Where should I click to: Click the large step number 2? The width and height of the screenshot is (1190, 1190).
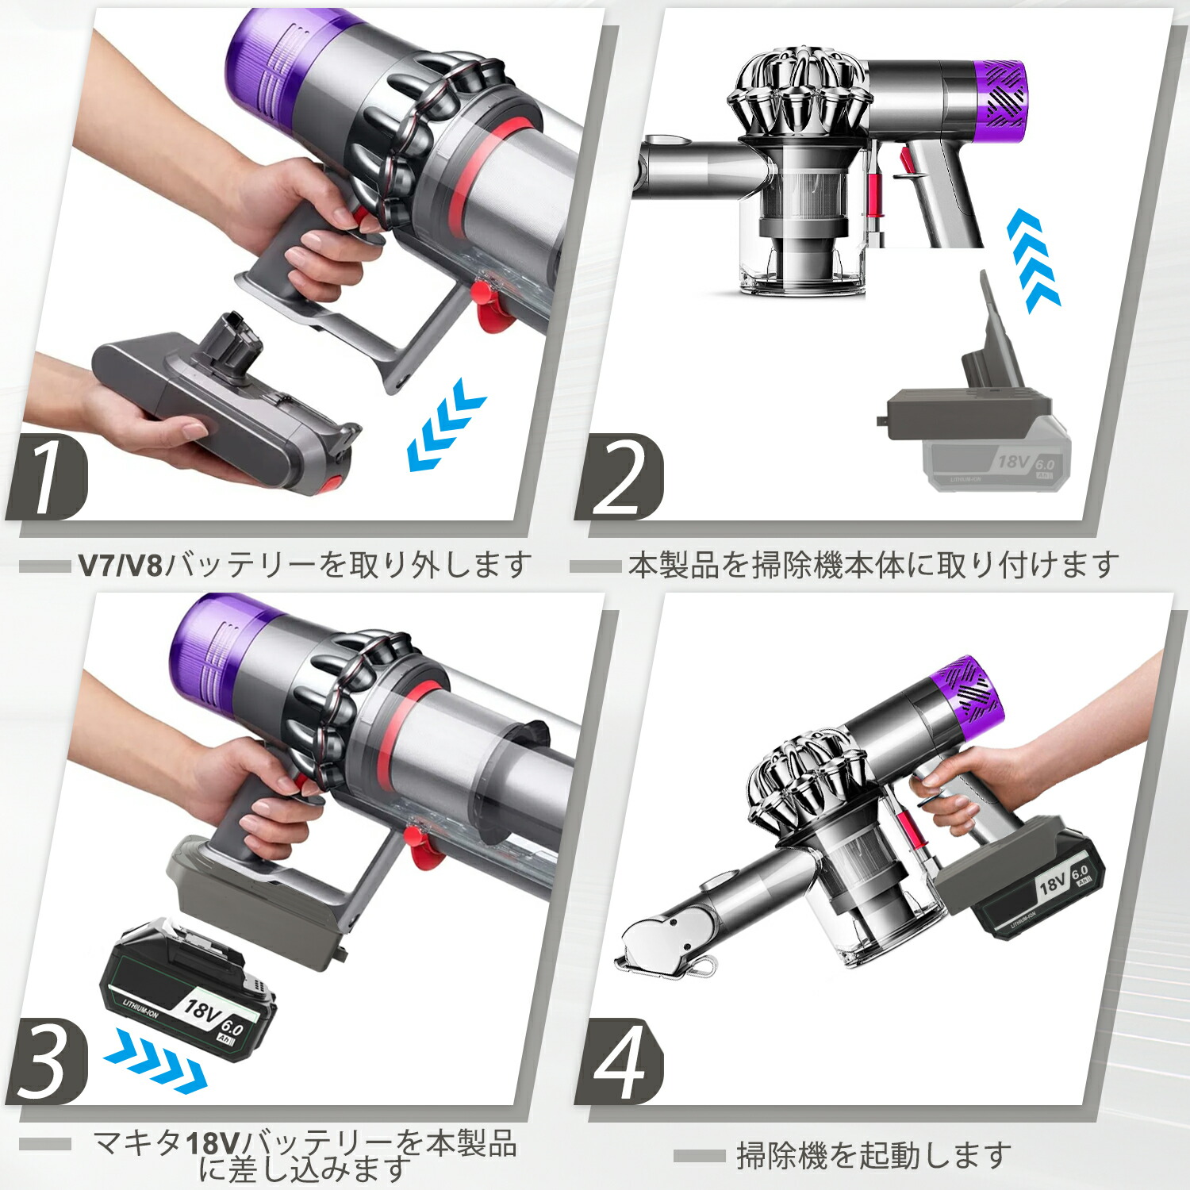(x=620, y=477)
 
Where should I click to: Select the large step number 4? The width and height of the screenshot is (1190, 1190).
(x=620, y=1061)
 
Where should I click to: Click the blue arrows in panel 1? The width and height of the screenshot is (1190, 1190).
(x=444, y=424)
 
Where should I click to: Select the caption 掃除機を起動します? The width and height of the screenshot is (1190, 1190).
(x=873, y=1155)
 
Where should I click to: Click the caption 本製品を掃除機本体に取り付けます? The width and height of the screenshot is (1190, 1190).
(x=873, y=566)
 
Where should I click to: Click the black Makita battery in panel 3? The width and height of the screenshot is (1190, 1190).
(x=189, y=992)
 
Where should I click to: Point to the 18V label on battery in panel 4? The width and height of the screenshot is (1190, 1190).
(x=1051, y=882)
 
